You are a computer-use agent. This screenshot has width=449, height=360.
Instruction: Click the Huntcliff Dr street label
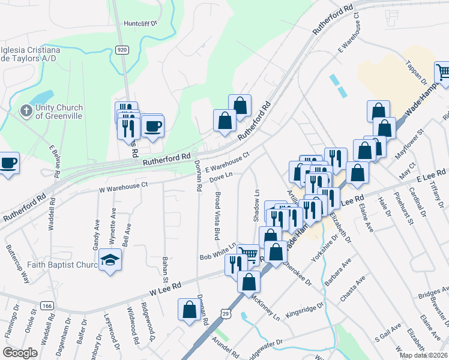pyautogui.click(x=140, y=23)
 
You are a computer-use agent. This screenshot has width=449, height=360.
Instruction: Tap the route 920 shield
pyautogui.click(x=122, y=50)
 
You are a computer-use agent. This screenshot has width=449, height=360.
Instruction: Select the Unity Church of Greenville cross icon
pyautogui.click(x=25, y=110)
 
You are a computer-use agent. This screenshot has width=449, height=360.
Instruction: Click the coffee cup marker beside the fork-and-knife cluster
pyautogui.click(x=152, y=127)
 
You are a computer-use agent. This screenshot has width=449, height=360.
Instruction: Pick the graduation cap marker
pyautogui.click(x=110, y=260)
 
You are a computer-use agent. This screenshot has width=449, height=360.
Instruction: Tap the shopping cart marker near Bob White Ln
pyautogui.click(x=249, y=254)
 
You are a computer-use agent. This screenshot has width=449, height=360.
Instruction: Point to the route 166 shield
pyautogui.click(x=47, y=306)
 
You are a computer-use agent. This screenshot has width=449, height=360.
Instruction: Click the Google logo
pyautogui.click(x=20, y=353)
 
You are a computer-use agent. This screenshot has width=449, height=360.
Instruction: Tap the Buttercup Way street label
pyautogui.click(x=17, y=264)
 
